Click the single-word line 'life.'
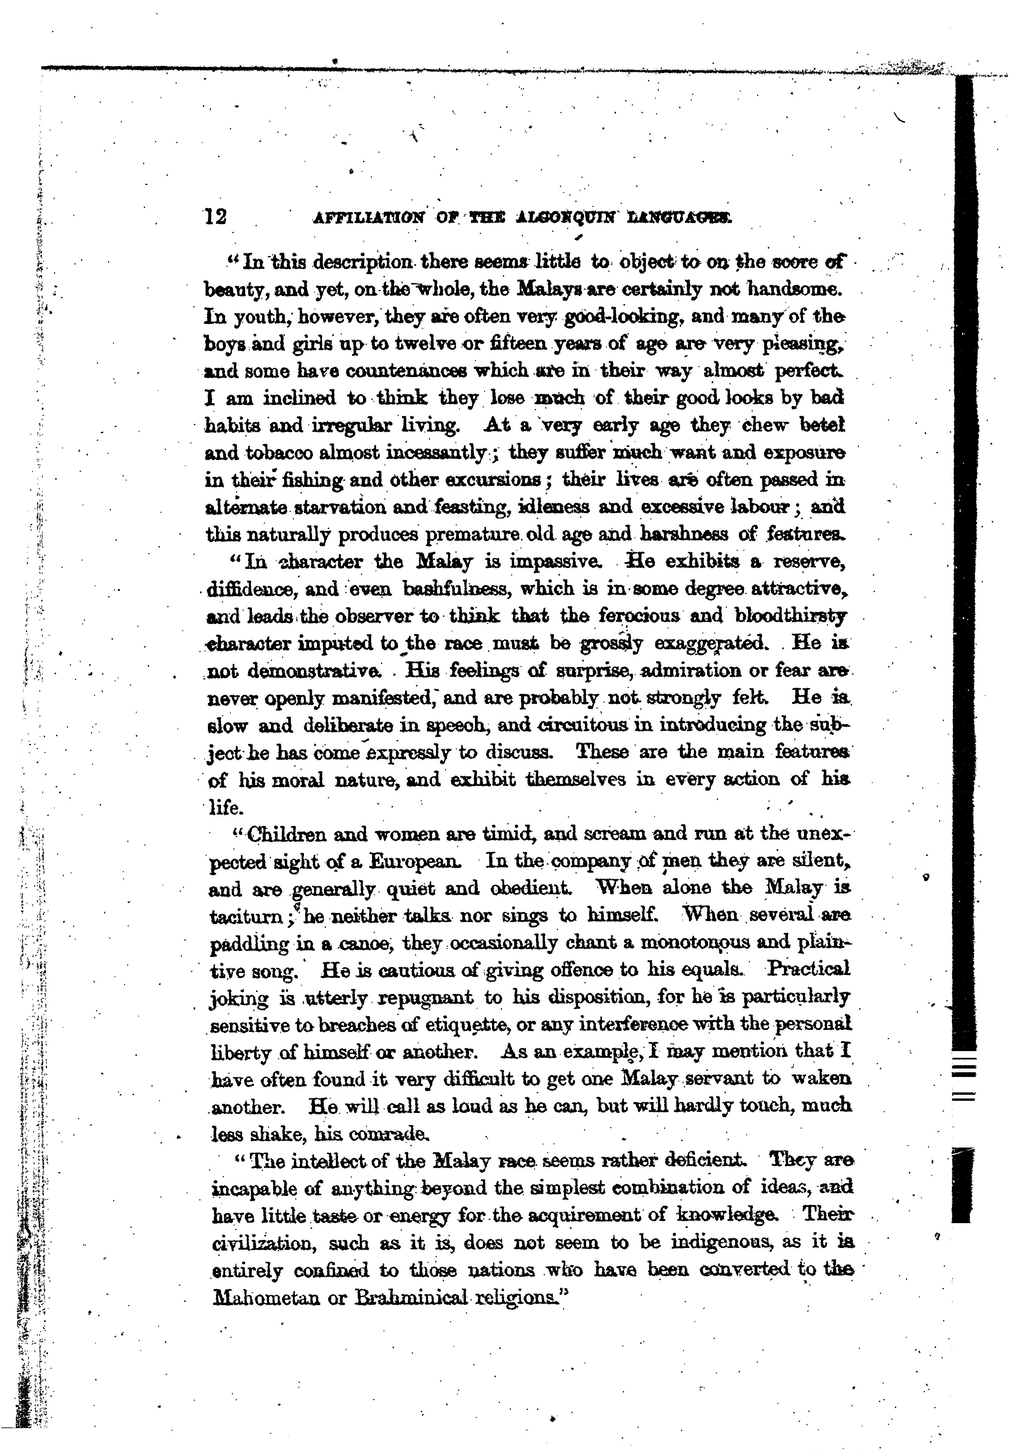(225, 808)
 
